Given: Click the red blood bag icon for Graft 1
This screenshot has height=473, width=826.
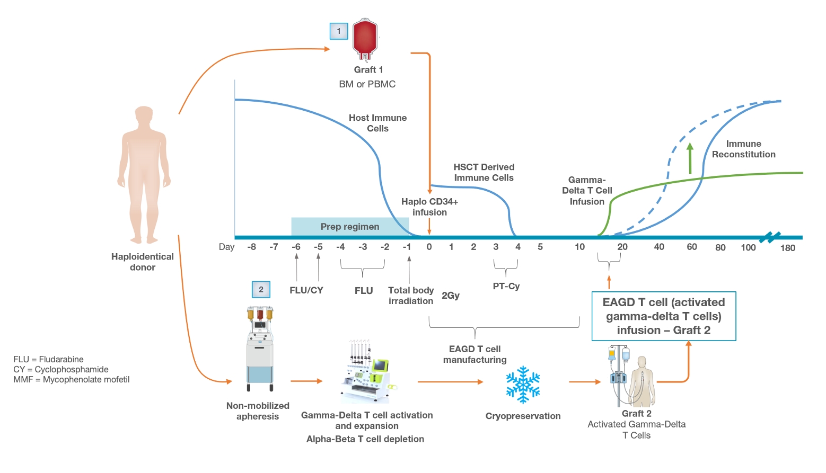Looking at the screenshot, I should [365, 38].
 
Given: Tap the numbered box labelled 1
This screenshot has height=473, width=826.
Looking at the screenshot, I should [339, 31].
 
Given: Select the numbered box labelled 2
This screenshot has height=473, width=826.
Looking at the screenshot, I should [261, 290].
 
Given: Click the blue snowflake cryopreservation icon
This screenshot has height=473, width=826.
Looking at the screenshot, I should [523, 385].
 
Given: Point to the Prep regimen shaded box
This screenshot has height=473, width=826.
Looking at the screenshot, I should [350, 226].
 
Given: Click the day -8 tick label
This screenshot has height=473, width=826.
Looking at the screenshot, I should [251, 247].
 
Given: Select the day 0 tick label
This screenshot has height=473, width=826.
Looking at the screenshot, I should [429, 247].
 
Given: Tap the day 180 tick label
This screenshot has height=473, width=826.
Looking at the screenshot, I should [787, 248].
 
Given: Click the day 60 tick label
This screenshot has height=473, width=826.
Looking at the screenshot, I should [692, 247].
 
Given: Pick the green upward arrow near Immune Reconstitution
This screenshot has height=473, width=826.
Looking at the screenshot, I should [690, 158].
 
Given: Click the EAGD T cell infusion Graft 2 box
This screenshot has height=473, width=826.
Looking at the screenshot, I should [664, 316].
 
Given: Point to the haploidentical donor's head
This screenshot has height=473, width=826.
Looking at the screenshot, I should [144, 116].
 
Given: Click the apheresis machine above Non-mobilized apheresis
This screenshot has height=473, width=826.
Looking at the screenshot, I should [260, 349].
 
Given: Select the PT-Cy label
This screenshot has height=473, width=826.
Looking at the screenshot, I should [506, 286].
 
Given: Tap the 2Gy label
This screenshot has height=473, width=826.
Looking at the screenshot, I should [451, 296].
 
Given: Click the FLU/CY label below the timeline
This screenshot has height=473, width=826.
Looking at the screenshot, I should [306, 290].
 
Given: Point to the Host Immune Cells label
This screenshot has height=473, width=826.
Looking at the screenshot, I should [377, 123].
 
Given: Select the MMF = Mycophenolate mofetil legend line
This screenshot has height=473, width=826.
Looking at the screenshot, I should [72, 379].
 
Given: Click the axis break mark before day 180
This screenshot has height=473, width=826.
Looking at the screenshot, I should [770, 237].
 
